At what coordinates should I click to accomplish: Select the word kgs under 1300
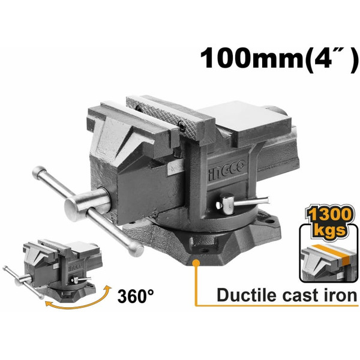[329, 230]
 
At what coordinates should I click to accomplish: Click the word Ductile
[247, 295]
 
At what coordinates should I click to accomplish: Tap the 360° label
[136, 296]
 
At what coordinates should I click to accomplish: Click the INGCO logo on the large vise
[227, 170]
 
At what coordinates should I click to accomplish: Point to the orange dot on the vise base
[196, 262]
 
